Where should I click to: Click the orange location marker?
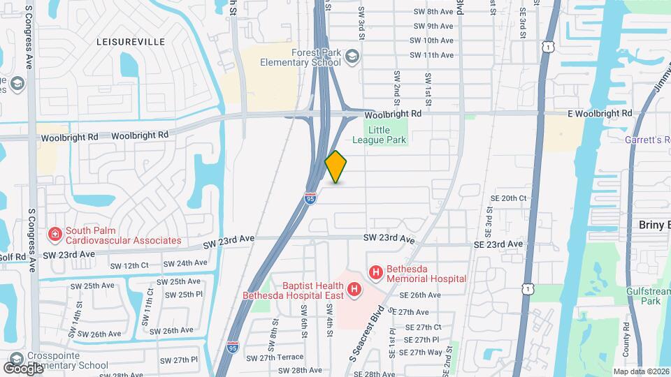pyautogui.click(x=336, y=167)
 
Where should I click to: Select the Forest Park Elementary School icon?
pyautogui.click(x=353, y=56)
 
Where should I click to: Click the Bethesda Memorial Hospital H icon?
pyautogui.click(x=376, y=272)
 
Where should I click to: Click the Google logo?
pyautogui.click(x=23, y=368)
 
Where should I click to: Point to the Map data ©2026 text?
pyautogui.click(x=640, y=371)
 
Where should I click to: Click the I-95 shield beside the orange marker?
pyautogui.click(x=311, y=199)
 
